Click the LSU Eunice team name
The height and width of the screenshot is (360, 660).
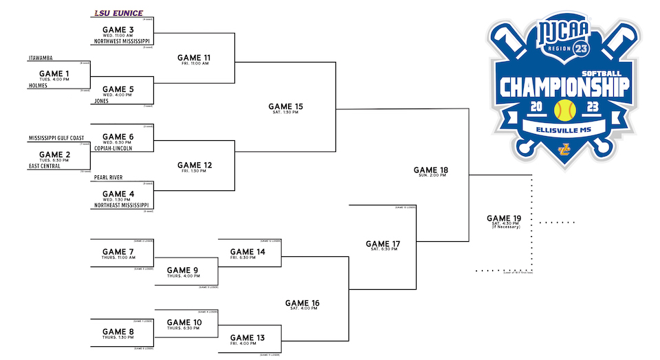click(x=118, y=13)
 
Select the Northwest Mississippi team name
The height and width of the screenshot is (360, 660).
click(x=123, y=41)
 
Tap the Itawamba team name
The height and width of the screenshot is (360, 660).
click(x=41, y=59)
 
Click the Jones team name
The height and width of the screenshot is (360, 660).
click(x=102, y=101)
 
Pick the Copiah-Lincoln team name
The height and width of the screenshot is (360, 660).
click(x=118, y=148)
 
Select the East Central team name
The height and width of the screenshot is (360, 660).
click(x=45, y=166)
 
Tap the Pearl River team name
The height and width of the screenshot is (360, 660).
click(x=109, y=177)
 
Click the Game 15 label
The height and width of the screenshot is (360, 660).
click(x=285, y=106)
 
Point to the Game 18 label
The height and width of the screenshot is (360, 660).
click(x=431, y=170)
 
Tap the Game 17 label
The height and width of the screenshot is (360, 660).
click(x=383, y=244)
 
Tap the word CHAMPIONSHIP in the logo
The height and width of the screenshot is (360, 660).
click(x=564, y=87)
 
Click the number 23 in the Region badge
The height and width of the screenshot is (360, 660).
click(x=581, y=48)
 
